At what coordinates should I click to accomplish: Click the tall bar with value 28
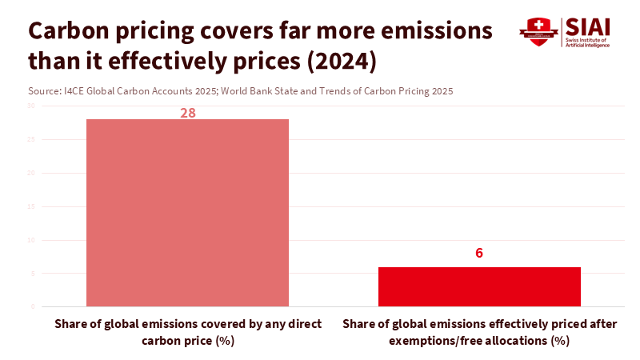click(187, 212)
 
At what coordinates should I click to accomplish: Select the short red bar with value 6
click(479, 286)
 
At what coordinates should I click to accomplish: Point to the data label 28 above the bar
click(188, 113)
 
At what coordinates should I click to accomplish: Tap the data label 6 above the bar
click(479, 254)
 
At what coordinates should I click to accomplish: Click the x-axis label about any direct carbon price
click(188, 332)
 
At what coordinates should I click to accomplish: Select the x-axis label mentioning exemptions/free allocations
click(479, 332)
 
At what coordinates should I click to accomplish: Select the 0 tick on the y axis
click(33, 306)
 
